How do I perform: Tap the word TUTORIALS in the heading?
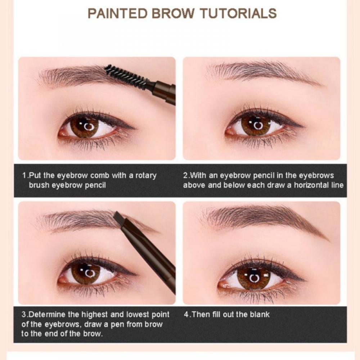239,13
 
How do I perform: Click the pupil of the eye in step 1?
85,126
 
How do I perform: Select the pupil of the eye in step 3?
86,274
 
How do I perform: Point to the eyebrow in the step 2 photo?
259,70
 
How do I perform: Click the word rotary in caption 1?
145,176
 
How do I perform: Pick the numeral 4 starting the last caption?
186,315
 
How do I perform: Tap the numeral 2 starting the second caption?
185,176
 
